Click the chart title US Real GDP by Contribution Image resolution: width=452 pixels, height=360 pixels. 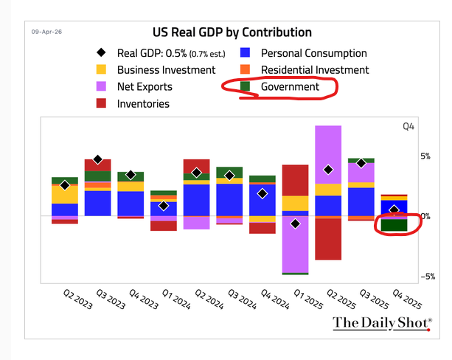point(232,32)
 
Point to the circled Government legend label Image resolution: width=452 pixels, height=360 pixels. point(290,87)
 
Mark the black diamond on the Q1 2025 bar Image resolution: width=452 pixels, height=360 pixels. point(295,224)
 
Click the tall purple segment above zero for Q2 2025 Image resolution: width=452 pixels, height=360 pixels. point(328,155)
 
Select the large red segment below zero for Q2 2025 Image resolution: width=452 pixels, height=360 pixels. point(328,239)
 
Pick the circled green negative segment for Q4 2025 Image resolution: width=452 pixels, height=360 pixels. point(394,225)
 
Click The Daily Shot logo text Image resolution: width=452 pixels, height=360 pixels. point(380,322)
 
